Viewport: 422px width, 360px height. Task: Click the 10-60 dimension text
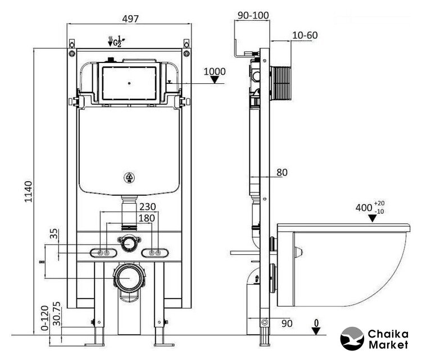[305, 35]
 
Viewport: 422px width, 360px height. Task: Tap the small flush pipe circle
[129, 244]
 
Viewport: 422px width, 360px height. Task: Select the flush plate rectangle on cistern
[129, 83]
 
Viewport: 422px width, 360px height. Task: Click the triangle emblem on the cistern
[129, 178]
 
